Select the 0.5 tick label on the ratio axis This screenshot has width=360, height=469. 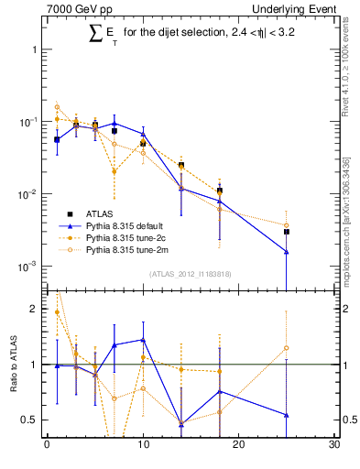(x=30, y=420)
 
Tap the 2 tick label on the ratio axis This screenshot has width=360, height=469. (x=35, y=309)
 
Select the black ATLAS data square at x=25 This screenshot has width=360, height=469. (x=287, y=232)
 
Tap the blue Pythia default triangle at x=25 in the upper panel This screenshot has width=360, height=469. (x=287, y=252)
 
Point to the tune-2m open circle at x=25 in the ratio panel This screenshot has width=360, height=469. (x=287, y=348)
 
